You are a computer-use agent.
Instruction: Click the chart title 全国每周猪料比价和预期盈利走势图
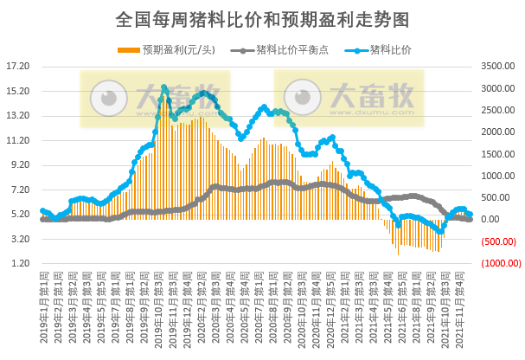pos(262,18)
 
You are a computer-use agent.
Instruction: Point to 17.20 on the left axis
pos(18,66)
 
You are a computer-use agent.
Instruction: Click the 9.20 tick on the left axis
pos(20,164)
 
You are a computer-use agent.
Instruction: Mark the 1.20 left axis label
pos(20,263)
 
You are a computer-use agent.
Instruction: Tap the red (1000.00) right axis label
pos(499,263)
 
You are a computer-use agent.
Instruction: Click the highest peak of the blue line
pos(163,87)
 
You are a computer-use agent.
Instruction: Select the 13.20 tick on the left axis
pos(18,115)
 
